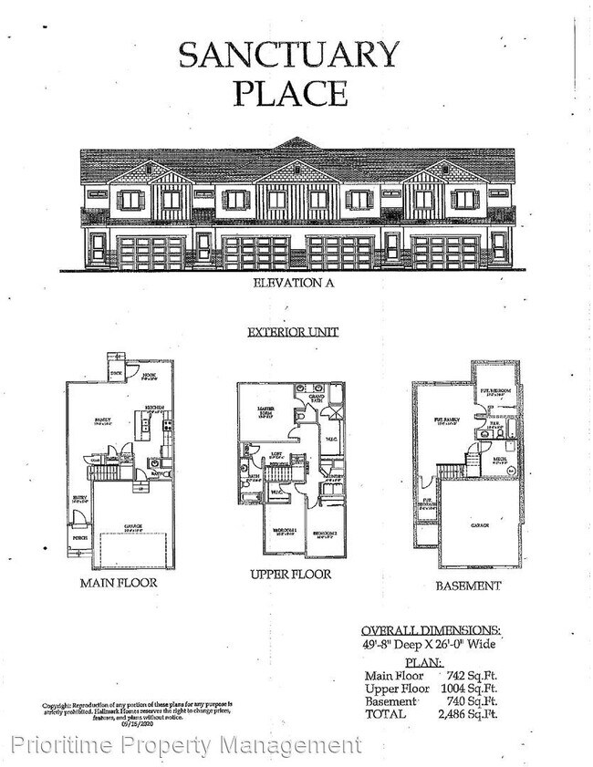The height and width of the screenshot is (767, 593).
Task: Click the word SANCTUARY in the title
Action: coord(289,55)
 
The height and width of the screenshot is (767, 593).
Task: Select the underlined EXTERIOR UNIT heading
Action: coord(293,333)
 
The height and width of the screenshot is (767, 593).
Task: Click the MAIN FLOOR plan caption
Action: coord(119,582)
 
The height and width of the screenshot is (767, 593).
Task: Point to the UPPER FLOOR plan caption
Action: coord(290,575)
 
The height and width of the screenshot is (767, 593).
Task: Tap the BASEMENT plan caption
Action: coord(467,586)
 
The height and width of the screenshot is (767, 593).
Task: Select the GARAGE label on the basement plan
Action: coord(479,525)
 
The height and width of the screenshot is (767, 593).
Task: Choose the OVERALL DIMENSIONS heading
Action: coord(430,630)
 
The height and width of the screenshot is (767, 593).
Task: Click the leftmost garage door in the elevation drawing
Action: coord(151,253)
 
